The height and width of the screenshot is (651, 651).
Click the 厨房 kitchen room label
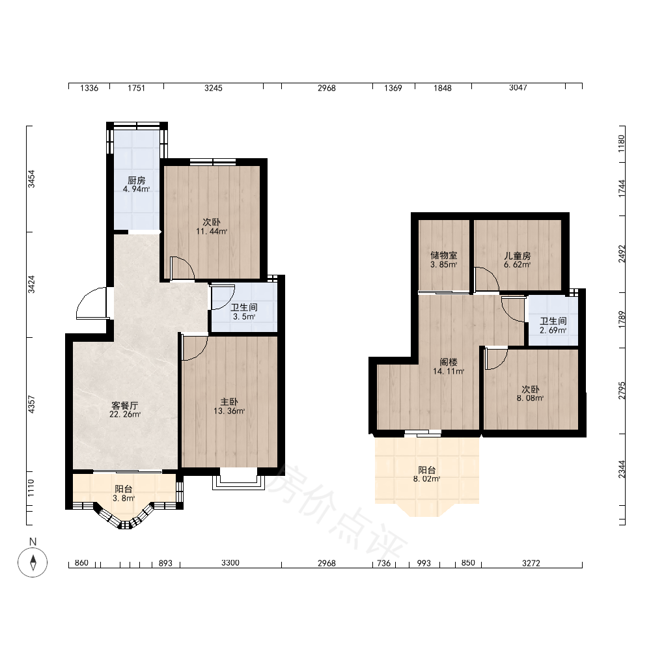(136, 180)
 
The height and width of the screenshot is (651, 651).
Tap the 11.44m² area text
(212, 231)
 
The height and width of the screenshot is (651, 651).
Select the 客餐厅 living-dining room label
(124, 406)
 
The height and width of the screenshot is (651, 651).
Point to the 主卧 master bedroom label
(229, 402)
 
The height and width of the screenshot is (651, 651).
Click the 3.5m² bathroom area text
(244, 317)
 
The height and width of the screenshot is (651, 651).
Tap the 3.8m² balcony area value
(124, 498)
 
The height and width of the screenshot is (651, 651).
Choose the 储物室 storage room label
(444, 255)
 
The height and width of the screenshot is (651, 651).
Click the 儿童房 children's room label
(518, 256)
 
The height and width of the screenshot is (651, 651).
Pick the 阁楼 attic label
(449, 363)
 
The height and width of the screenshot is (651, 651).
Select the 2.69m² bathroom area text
(553, 331)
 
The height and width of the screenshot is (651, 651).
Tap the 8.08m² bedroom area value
(530, 398)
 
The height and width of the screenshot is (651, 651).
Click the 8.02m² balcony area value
(427, 478)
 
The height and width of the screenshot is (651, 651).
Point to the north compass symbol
(33, 562)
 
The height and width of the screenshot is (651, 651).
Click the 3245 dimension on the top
(214, 88)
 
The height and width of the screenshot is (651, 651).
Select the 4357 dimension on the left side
(31, 404)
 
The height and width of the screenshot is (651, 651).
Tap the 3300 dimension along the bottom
(230, 563)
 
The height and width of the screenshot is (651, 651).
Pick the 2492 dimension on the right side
(622, 254)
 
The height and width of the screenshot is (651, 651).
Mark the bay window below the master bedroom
(239, 478)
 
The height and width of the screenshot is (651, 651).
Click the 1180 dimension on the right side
(622, 143)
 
